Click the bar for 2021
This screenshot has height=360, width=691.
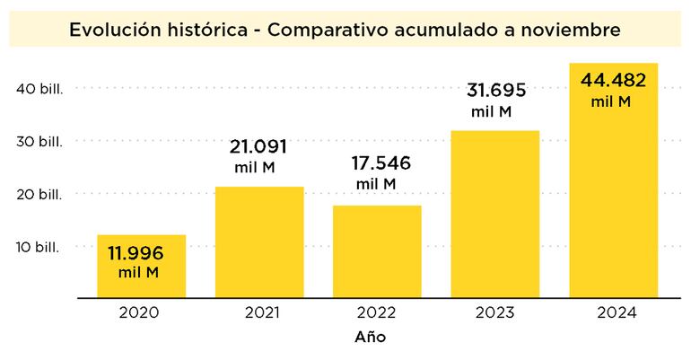tap(259, 242)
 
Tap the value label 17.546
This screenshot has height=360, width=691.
tap(376, 165)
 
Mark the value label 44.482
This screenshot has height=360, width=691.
tap(614, 81)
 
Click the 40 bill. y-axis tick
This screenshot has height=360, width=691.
tap(39, 88)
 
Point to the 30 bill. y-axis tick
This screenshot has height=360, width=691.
tap(39, 141)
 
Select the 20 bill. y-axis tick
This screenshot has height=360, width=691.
tap(39, 194)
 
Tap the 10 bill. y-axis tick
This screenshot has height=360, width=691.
tap(39, 246)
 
